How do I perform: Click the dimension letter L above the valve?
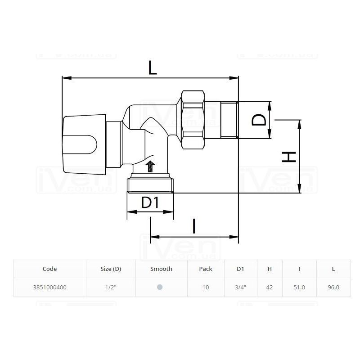click(x=153, y=68)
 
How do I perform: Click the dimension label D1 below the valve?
click(x=150, y=202)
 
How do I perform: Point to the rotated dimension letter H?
click(x=289, y=157)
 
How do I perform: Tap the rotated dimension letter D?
click(x=259, y=120)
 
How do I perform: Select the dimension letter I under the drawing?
click(x=194, y=226)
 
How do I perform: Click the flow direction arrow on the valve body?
click(x=150, y=166)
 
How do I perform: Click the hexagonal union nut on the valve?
click(x=193, y=120)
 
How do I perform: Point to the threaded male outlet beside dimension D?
click(x=229, y=120)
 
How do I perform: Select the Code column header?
click(x=49, y=269)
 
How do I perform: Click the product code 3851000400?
click(x=49, y=287)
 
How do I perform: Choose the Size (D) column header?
click(x=111, y=269)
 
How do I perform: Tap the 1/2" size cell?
click(x=111, y=287)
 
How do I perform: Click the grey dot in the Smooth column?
click(x=160, y=287)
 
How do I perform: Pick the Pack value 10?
click(x=206, y=287)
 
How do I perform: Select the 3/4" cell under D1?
click(x=240, y=287)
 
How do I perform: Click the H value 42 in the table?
click(x=270, y=287)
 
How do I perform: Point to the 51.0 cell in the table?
click(x=299, y=287)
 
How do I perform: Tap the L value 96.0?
click(x=333, y=287)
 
